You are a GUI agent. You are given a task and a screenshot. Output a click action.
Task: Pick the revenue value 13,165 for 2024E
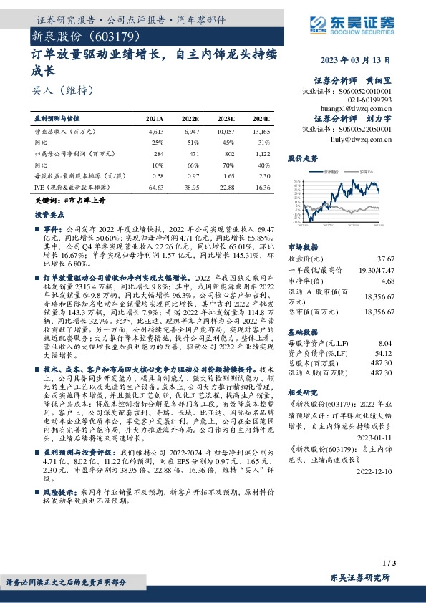[x=261, y=132]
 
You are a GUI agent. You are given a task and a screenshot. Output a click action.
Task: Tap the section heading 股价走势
[x=301, y=157]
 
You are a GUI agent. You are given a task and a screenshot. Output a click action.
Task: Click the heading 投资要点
[x=49, y=214]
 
